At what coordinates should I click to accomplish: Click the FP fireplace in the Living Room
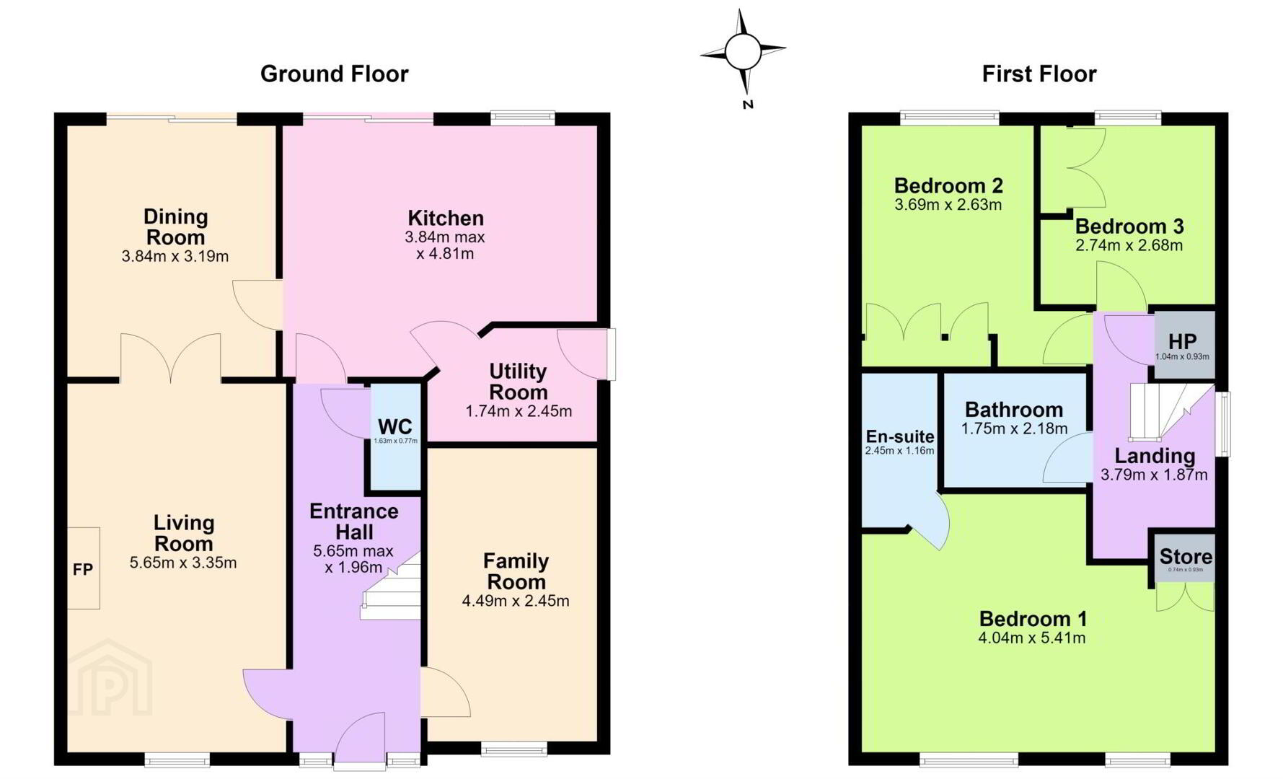[x=84, y=568]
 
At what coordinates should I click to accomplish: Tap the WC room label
[x=395, y=426]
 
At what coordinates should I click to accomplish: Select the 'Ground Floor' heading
[x=334, y=74]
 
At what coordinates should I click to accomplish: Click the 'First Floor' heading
[x=1039, y=74]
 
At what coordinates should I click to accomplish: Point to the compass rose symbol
[x=743, y=51]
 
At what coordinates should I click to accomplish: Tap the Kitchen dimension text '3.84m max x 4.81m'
[x=445, y=245]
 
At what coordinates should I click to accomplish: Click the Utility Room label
[x=518, y=382]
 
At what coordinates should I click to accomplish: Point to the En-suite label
[x=899, y=436]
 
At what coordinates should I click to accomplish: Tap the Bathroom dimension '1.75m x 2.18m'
[x=1014, y=429]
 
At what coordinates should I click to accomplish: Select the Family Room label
[x=516, y=571]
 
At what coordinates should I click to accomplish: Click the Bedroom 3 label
[x=1129, y=226]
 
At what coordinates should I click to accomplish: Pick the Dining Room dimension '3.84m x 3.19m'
[x=175, y=256]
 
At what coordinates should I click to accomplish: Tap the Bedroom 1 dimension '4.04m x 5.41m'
[x=1031, y=638]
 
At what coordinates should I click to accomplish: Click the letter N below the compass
[x=748, y=105]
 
